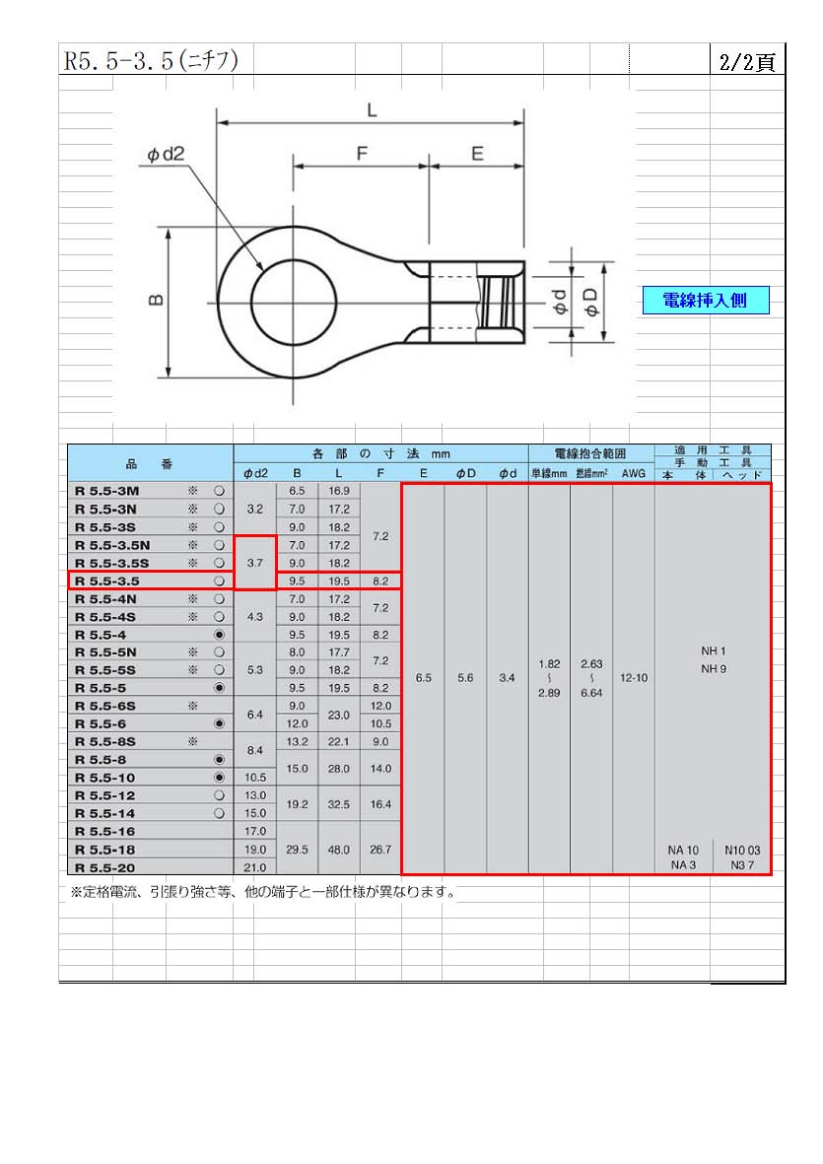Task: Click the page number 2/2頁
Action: click(x=746, y=62)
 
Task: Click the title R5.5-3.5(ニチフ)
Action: click(x=151, y=60)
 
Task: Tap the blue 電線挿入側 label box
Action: click(x=705, y=300)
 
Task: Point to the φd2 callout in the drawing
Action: click(x=166, y=155)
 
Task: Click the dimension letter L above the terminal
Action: click(x=372, y=109)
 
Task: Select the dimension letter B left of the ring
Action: click(x=156, y=300)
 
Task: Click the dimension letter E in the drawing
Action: click(x=477, y=154)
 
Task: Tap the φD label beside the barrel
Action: click(x=591, y=303)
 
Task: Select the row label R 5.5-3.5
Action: click(x=107, y=582)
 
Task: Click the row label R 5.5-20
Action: click(x=104, y=867)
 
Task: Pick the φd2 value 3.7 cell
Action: click(x=255, y=563)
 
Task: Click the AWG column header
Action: click(x=634, y=474)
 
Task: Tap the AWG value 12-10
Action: click(x=634, y=678)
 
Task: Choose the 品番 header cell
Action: click(x=150, y=463)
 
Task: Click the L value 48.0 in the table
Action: click(x=338, y=850)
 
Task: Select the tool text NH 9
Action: click(x=714, y=669)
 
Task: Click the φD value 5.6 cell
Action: click(x=465, y=678)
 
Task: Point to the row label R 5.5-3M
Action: click(x=106, y=492)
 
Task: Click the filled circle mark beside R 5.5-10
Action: click(x=219, y=778)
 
